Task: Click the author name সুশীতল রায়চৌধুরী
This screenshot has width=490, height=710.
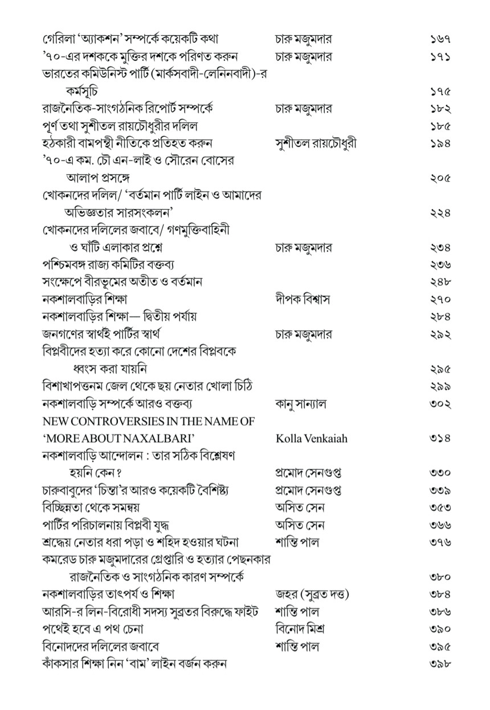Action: click(x=315, y=143)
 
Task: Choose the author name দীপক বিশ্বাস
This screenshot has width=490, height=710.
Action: click(x=302, y=299)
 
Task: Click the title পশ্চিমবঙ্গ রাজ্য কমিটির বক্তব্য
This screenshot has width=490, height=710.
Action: click(x=108, y=265)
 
